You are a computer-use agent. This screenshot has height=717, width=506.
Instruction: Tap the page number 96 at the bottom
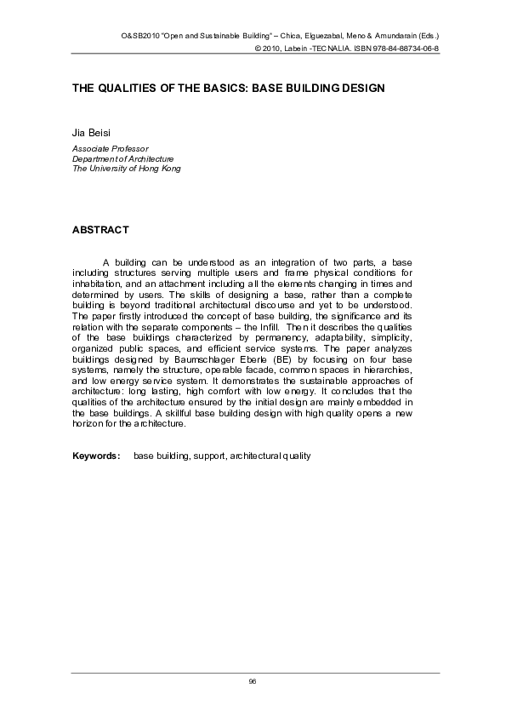[253, 682]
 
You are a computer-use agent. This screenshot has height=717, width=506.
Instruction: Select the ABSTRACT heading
[100, 230]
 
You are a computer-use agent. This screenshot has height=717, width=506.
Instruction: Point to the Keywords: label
[95, 456]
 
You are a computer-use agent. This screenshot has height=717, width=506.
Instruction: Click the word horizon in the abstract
[89, 423]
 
